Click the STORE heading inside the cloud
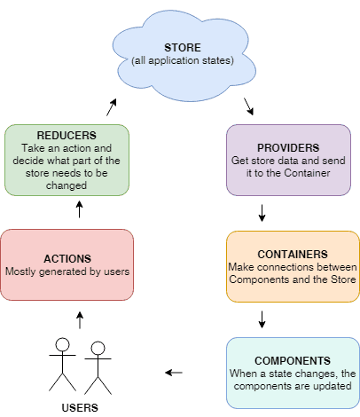tap(183, 48)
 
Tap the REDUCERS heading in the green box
tap(67, 136)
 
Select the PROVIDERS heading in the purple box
tap(288, 148)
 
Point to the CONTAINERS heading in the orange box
tap(293, 255)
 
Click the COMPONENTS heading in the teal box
tap(293, 361)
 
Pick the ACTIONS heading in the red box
tap(67, 259)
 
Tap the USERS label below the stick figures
tap(80, 408)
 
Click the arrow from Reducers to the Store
tap(112, 107)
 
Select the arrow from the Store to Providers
tap(248, 106)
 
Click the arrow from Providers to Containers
tap(262, 213)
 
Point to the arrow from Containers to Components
tap(262, 319)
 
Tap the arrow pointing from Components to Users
tap(174, 373)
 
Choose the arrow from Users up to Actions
tap(80, 320)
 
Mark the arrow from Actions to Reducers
tap(79, 209)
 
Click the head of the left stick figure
tap(62, 345)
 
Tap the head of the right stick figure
tap(98, 349)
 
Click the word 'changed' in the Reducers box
tap(67, 185)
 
